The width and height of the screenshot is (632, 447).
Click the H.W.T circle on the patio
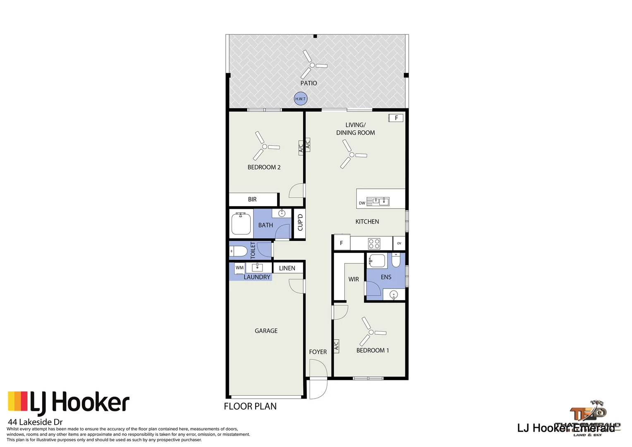(x=300, y=99)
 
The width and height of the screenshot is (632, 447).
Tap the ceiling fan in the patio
(x=313, y=65)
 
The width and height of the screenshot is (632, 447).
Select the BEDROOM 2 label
(x=264, y=167)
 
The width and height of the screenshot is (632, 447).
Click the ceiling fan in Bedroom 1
(x=371, y=332)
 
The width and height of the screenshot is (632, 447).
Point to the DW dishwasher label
(x=362, y=203)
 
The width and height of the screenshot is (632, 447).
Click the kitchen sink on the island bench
(x=378, y=202)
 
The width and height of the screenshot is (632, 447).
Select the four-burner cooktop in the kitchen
(x=374, y=243)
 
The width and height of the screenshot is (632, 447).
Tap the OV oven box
(x=399, y=243)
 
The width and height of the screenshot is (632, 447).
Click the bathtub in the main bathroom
(x=241, y=224)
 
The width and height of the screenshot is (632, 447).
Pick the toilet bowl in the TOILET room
(x=239, y=251)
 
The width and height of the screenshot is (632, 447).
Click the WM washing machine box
(x=239, y=268)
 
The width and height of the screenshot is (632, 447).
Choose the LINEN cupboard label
(x=287, y=268)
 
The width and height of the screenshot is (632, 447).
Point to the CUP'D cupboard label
(x=300, y=223)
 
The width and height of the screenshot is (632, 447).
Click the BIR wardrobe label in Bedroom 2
(x=252, y=199)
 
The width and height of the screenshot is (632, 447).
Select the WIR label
(x=353, y=279)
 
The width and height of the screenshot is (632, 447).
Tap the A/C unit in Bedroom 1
(x=336, y=346)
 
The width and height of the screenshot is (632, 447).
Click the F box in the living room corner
(x=396, y=118)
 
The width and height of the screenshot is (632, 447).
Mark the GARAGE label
(x=266, y=331)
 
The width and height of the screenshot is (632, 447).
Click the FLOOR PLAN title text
(x=250, y=406)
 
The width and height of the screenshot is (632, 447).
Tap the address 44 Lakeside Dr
(x=35, y=422)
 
